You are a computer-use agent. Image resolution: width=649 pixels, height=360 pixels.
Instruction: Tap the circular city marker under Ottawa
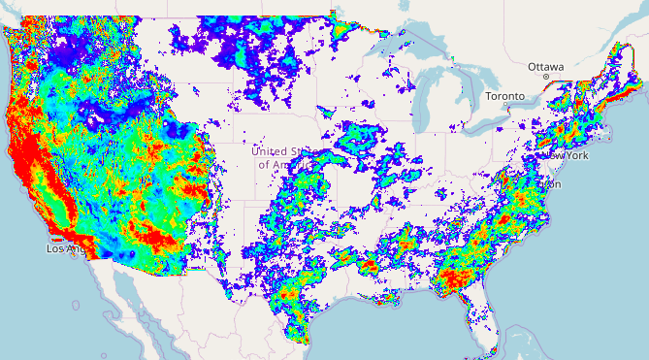point(547,76)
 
